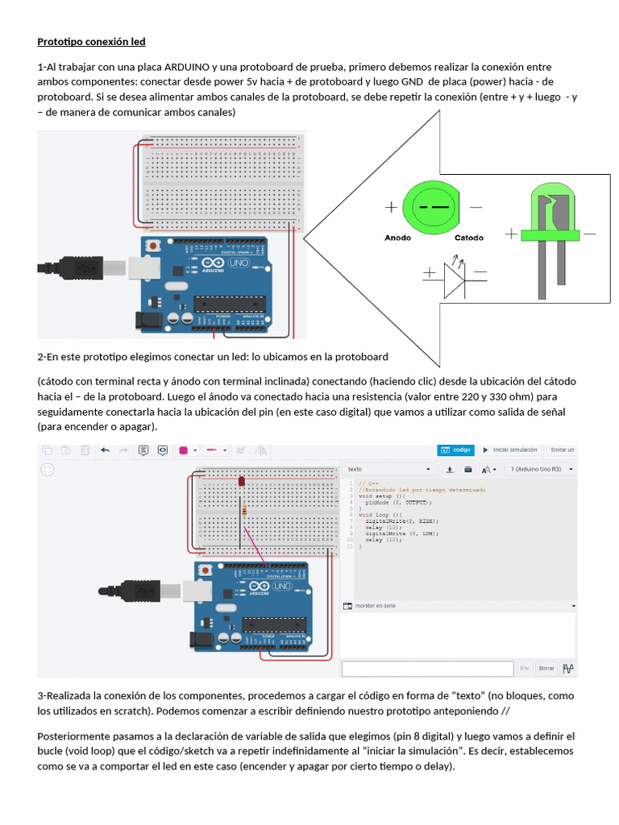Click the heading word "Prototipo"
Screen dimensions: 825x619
coord(61,41)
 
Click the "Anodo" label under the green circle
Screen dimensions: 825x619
coord(398,238)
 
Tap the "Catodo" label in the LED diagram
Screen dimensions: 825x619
coord(469,238)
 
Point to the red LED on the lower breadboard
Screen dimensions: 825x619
coord(241,481)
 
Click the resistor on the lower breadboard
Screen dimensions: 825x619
coord(243,508)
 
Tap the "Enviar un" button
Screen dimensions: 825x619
coord(562,450)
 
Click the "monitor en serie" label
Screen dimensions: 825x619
coord(376,606)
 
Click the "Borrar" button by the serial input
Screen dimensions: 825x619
coord(546,668)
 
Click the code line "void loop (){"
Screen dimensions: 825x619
coord(380,514)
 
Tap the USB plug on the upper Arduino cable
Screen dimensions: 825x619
coord(84,267)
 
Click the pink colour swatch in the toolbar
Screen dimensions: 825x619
coord(183,450)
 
